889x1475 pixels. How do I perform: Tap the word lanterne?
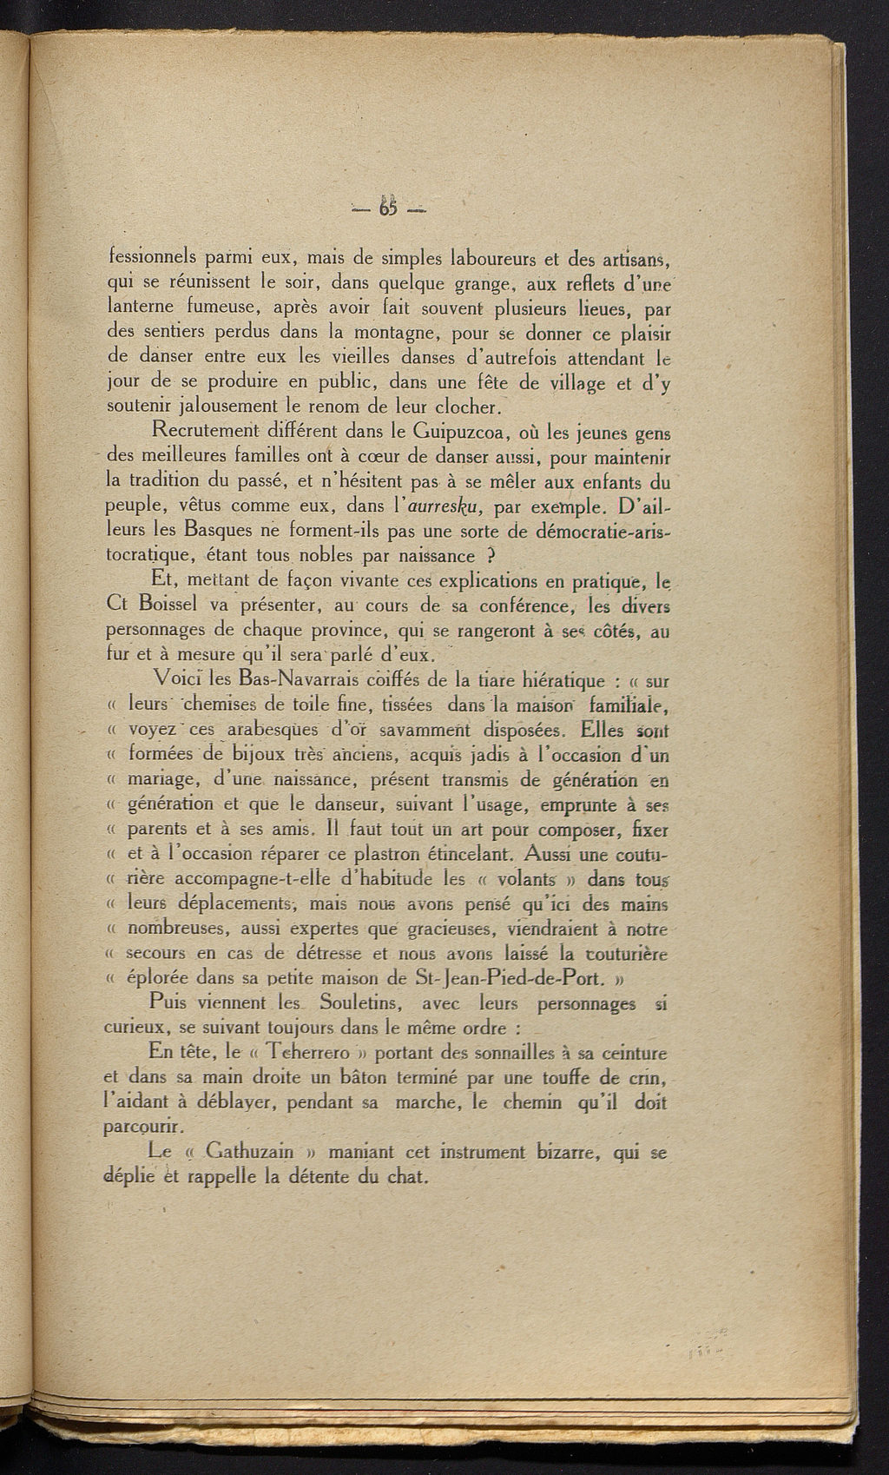[143, 308]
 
